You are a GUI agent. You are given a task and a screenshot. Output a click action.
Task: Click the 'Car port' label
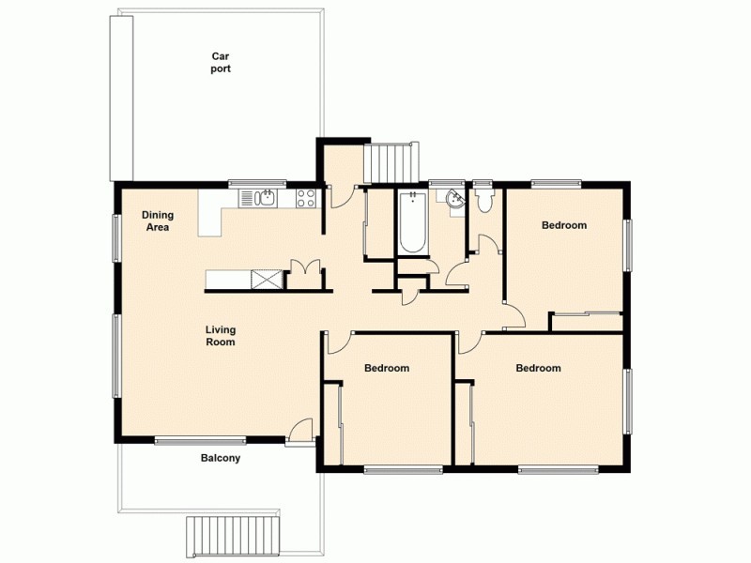221,62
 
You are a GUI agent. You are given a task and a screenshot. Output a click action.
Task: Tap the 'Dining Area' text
158,221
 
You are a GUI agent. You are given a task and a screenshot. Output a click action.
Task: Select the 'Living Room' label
222,336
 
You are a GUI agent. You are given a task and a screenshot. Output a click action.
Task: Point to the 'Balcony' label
221,459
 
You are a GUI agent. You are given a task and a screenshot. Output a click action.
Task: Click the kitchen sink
257,197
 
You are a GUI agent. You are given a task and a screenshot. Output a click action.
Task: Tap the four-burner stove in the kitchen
306,197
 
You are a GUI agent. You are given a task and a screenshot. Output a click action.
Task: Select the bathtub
412,222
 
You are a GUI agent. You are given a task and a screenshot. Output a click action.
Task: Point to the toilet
484,200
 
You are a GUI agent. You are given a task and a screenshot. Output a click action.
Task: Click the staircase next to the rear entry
389,163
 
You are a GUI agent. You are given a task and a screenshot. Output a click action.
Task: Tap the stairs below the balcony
234,537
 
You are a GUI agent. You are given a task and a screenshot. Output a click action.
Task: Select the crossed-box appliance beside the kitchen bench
267,279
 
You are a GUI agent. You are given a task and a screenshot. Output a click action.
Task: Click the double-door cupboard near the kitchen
304,273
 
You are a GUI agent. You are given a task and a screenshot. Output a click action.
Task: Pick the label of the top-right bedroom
564,225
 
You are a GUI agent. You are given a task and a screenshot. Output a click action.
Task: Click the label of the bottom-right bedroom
538,368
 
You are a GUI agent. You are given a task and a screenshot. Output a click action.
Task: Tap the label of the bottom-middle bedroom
387,368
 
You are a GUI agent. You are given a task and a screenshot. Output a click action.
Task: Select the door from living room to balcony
300,433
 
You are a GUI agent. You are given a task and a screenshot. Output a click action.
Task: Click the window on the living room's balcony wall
200,440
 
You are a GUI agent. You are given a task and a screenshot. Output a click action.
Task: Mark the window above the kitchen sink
257,183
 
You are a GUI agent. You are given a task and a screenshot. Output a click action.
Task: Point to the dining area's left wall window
116,238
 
